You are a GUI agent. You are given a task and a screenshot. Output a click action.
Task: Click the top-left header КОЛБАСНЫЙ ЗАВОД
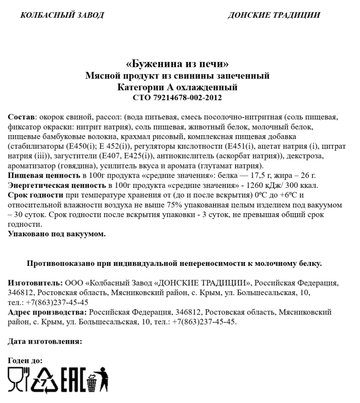62,15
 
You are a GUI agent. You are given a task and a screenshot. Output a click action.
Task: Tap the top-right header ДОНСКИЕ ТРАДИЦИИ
273,15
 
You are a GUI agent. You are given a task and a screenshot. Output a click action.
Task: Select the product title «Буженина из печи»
177,64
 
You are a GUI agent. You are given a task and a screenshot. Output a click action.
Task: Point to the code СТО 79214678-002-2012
177,98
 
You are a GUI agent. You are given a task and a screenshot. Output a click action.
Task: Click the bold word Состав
21,117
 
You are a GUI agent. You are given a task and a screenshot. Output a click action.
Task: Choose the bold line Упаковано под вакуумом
57,234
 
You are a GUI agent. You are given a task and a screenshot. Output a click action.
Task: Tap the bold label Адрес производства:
47,312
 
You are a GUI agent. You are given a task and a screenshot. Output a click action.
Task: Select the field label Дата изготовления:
45,341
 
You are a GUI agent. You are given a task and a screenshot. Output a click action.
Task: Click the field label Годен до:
25,360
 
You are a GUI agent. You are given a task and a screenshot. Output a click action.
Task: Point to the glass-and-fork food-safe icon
18,378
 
